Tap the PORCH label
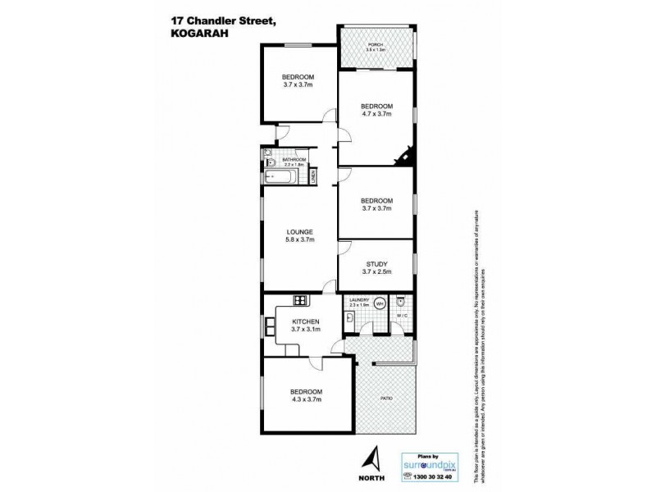tap(377, 45)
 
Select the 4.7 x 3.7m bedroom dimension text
tap(377, 115)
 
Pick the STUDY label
tap(377, 263)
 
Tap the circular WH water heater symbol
tap(380, 303)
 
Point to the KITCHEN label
tap(305, 321)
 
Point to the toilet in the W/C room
tap(401, 300)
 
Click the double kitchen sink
tap(269, 326)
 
